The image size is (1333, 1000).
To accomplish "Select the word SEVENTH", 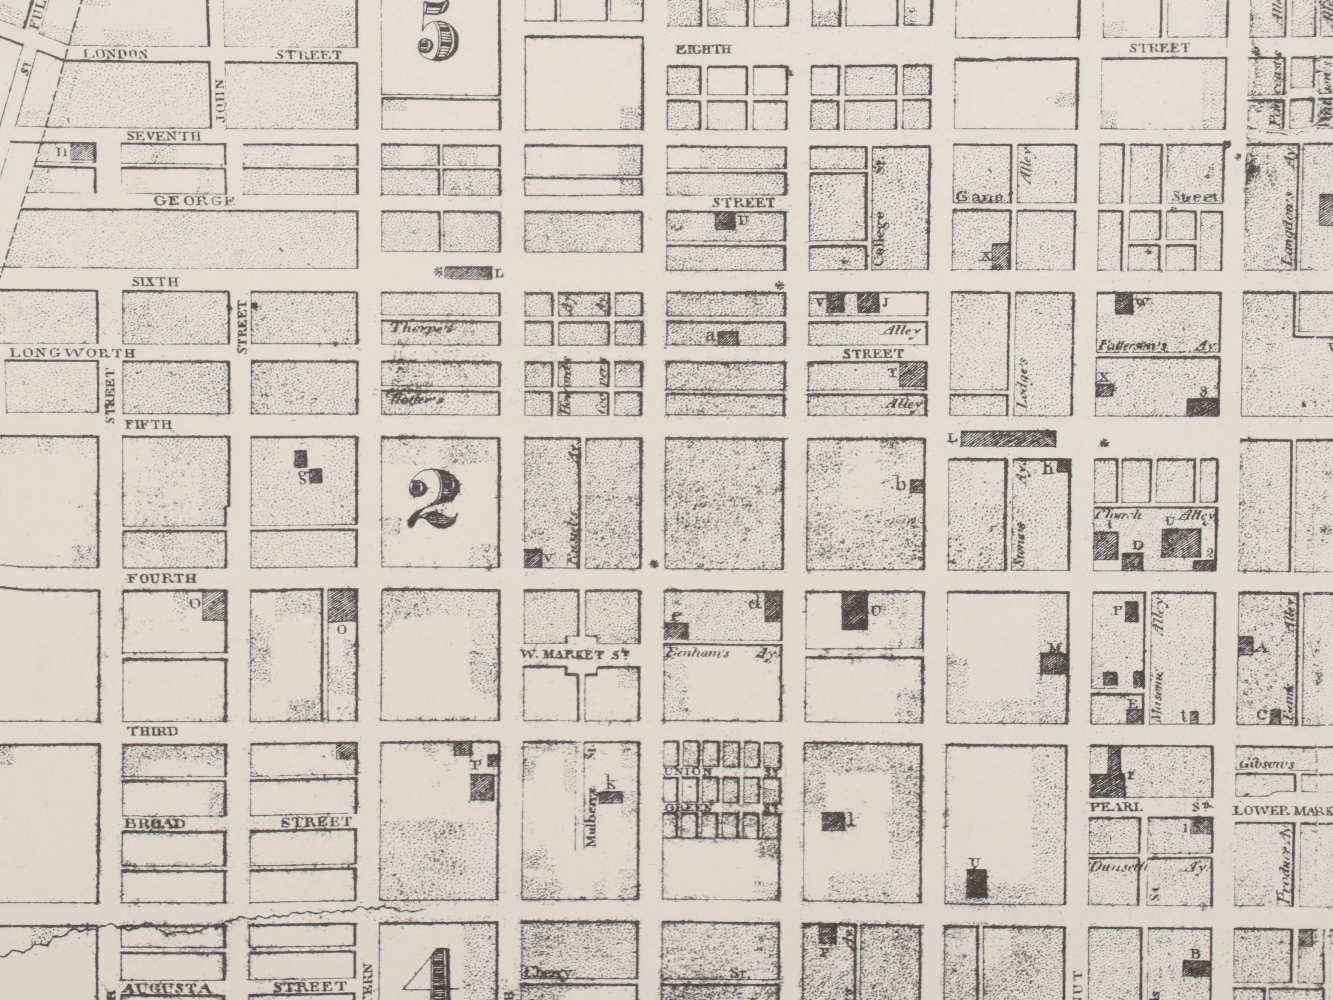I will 163,136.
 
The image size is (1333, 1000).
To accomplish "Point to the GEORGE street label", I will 194,201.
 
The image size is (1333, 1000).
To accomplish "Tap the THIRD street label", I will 152,732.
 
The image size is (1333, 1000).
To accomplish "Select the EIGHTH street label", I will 703,50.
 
